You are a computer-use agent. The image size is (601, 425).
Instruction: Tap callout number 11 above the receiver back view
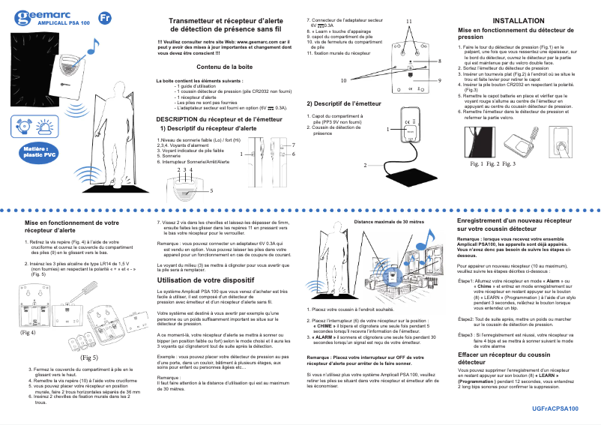tap(409, 19)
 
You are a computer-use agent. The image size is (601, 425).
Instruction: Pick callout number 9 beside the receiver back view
tap(439, 79)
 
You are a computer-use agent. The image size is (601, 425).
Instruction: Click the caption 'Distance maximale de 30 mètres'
tap(389, 223)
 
